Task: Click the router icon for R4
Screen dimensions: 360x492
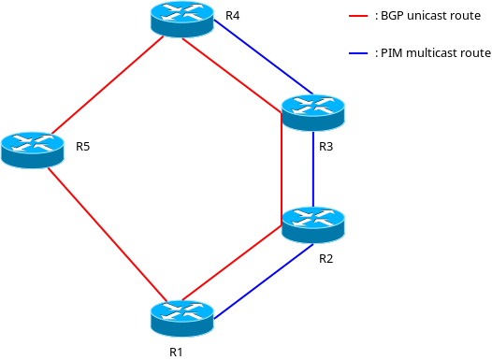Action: (181, 19)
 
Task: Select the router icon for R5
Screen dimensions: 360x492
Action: (33, 149)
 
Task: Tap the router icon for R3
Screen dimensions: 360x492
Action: (312, 112)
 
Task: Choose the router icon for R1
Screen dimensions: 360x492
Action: (181, 317)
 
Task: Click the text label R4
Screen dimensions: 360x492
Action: (233, 16)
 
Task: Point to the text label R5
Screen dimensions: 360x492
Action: (83, 147)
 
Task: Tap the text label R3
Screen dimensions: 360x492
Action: (326, 147)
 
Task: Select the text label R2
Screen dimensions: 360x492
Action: (326, 258)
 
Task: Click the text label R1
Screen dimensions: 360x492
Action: (176, 352)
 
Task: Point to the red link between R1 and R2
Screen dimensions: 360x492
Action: (234, 267)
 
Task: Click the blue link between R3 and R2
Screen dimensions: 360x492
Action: (313, 168)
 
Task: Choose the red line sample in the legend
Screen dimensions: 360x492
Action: (358, 16)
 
